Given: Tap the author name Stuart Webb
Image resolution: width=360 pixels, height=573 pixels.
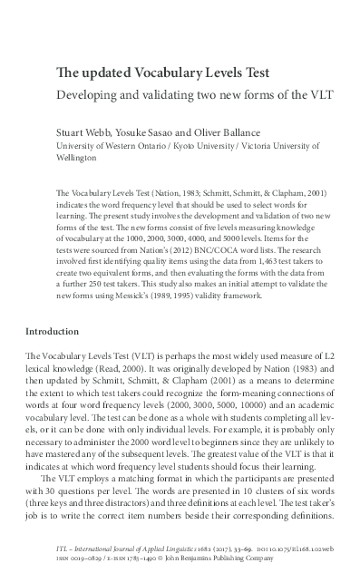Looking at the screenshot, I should tap(83, 130).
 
